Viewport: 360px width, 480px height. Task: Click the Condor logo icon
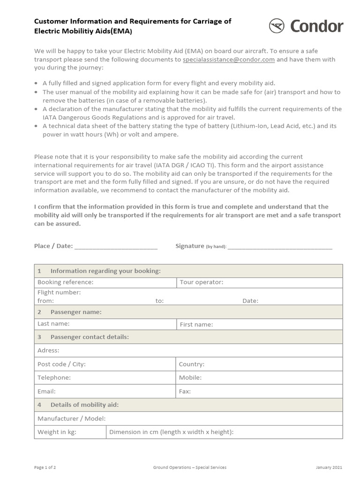pos(277,25)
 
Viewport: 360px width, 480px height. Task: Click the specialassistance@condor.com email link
pos(228,60)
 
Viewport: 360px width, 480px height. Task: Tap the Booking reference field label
pos(65,282)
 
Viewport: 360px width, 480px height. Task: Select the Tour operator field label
pos(202,282)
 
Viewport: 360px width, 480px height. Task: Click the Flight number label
pos(59,292)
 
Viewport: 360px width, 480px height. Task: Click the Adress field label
pos(48,350)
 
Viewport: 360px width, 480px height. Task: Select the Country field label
pos(192,364)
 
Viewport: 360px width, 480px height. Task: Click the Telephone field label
pos(54,377)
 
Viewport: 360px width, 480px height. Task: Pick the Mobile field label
pos(190,377)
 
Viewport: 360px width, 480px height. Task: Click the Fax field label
pos(185,391)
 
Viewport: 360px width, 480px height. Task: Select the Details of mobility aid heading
pos(84,405)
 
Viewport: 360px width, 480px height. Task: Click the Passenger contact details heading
pos(89,337)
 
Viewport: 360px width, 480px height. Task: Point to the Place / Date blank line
pos(116,247)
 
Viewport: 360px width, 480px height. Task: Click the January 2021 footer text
pos(329,467)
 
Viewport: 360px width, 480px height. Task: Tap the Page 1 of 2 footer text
pos(45,467)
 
